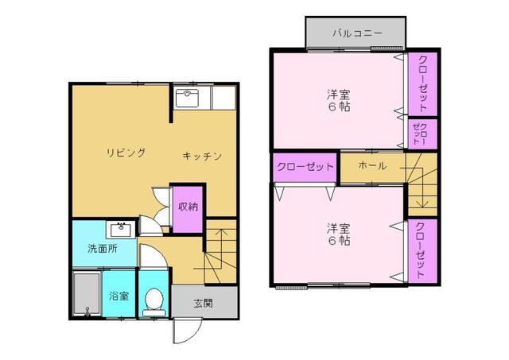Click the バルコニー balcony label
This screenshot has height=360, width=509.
[x=357, y=33]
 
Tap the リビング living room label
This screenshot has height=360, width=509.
[x=126, y=152]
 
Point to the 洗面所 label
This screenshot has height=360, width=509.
[x=102, y=249]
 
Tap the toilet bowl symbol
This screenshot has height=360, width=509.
[x=153, y=300]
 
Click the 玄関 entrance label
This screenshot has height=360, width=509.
[x=204, y=302]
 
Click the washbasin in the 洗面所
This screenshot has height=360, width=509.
[x=122, y=230]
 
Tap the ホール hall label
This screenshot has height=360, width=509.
[x=371, y=166]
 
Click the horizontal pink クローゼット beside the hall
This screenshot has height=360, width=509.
[x=305, y=167]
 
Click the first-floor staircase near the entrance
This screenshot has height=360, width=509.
[x=220, y=254]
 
